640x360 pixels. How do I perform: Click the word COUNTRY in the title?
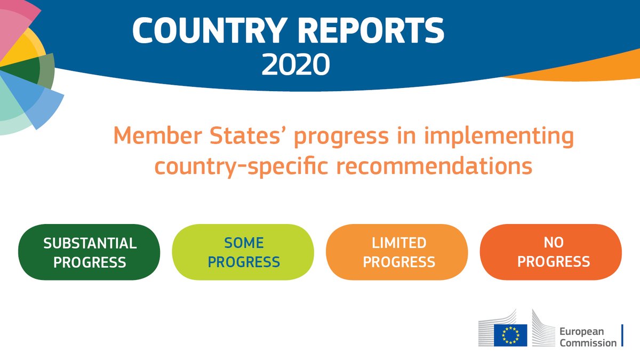tap(210, 30)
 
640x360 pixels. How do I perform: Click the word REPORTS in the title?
tap(371, 30)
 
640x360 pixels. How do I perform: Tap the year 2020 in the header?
tap(295, 65)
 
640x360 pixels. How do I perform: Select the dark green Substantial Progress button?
tap(89, 252)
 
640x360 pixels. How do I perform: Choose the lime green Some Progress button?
tap(243, 252)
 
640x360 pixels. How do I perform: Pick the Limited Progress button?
tap(397, 252)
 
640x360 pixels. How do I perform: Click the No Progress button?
tap(551, 252)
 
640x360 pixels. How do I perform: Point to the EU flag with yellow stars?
tap(510, 335)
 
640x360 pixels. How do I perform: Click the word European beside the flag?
tap(582, 332)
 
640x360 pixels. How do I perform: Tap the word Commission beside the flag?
tap(588, 342)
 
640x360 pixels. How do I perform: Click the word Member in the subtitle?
tap(158, 135)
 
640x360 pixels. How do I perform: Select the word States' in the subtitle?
tap(246, 135)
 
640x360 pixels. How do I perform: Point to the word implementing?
tap(499, 137)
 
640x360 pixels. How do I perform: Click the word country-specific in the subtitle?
tap(241, 167)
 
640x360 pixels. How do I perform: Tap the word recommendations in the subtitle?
tap(434, 166)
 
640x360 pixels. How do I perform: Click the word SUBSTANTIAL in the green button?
tap(90, 243)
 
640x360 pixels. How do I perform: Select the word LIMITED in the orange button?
tap(399, 243)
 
